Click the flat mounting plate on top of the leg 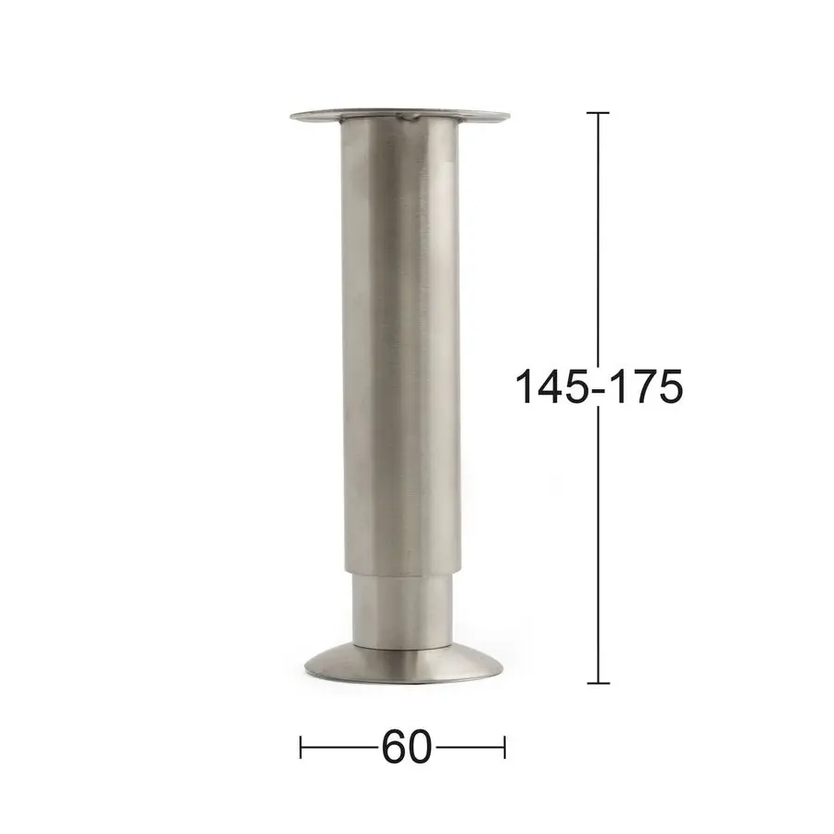click(x=400, y=116)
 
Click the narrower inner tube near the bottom click(x=401, y=612)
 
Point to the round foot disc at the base click(x=403, y=664)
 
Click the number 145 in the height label click(x=551, y=386)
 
